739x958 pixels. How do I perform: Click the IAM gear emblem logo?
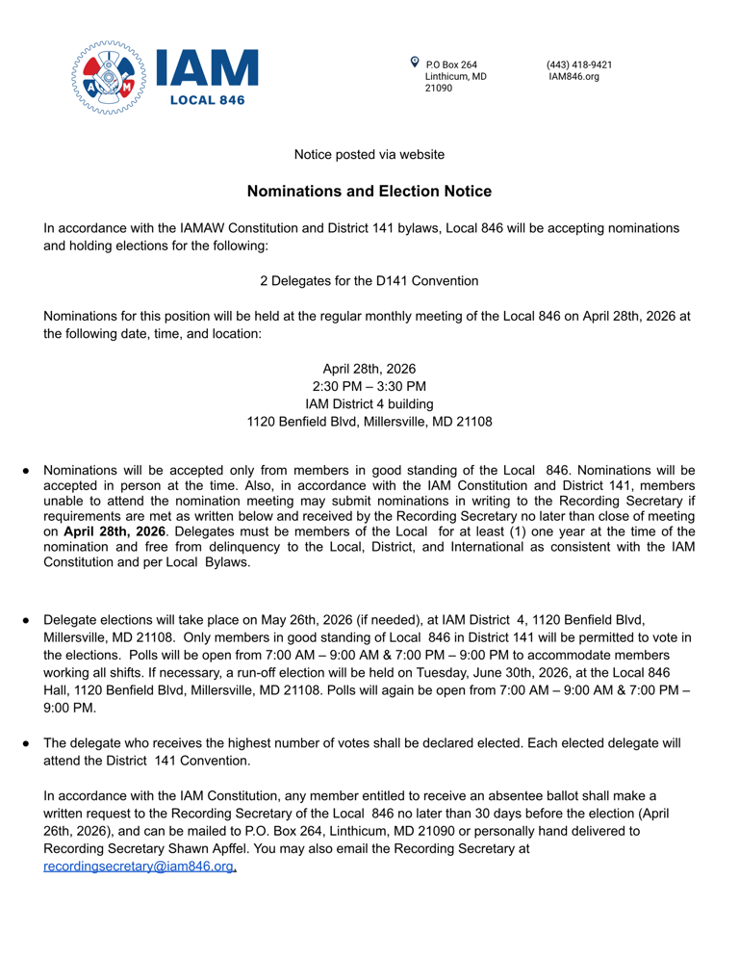(109, 78)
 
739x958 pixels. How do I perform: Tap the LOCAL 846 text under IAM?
(207, 99)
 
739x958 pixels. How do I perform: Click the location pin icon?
(415, 62)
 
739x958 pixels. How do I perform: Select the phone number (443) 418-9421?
(579, 65)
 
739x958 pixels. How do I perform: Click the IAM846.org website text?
(573, 76)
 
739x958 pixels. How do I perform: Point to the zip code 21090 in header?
(439, 88)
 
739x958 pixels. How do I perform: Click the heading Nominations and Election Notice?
(369, 192)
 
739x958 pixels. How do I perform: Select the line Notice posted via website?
(369, 154)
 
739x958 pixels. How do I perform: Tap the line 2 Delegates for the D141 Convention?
(369, 281)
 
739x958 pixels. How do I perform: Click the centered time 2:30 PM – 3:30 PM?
(369, 386)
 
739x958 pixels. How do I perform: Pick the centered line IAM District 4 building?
(369, 403)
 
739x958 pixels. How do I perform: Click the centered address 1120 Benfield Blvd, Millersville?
(369, 422)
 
